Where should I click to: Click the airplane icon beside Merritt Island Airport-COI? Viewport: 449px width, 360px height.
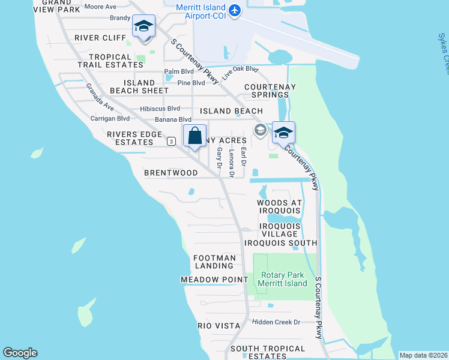[x=235, y=11]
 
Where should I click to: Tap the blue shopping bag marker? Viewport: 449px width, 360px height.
[x=196, y=135]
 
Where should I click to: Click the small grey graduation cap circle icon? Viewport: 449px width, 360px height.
[x=261, y=130]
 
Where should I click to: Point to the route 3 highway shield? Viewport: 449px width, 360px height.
[x=172, y=141]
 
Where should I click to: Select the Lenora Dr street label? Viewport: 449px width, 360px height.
[x=232, y=163]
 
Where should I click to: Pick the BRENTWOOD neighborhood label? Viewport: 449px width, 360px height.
[x=171, y=173]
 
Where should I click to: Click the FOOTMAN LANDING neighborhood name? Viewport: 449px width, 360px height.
[x=214, y=262]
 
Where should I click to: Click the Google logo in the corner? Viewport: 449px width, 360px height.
[x=20, y=353]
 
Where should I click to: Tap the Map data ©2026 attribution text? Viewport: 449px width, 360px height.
[x=423, y=355]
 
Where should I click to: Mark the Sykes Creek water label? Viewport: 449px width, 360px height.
[x=442, y=54]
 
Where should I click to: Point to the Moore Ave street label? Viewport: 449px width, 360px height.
[x=101, y=7]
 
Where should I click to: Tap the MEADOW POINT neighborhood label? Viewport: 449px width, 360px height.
[x=214, y=280]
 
